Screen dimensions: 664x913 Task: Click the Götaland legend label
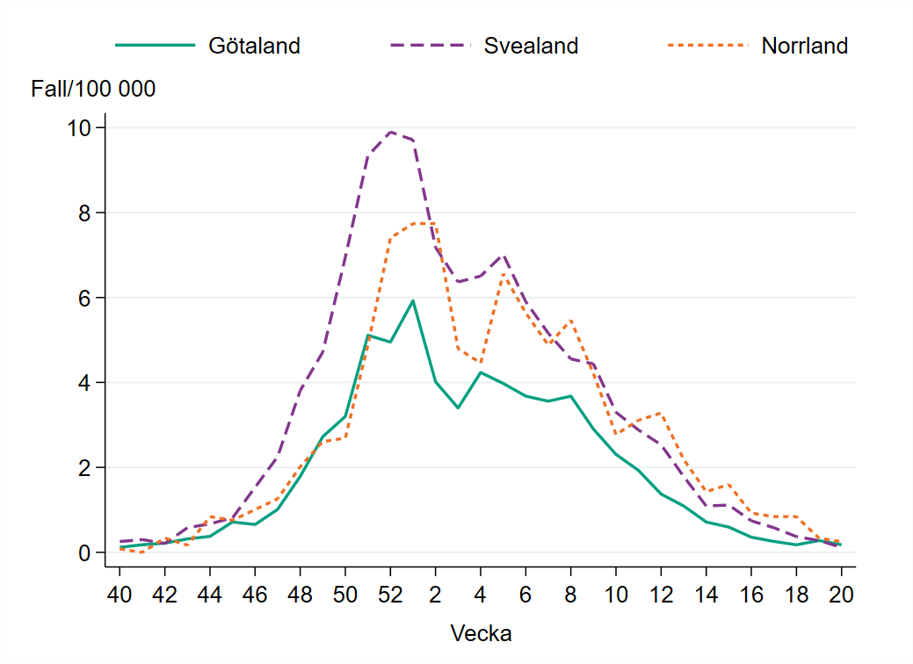tap(254, 46)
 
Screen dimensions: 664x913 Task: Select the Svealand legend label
tap(531, 46)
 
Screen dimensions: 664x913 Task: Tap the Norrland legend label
tap(804, 46)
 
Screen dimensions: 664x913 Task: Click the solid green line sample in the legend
tap(155, 46)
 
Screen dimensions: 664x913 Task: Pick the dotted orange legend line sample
tap(707, 46)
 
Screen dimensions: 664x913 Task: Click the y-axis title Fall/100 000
tap(93, 89)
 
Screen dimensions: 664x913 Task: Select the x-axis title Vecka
tap(481, 633)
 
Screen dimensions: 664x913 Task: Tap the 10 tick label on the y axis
tap(80, 128)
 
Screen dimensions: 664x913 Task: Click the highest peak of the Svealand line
tap(390, 132)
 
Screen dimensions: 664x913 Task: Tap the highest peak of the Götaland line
tap(413, 300)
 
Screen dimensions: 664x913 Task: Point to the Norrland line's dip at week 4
tap(480, 362)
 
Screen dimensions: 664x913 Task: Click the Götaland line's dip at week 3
tap(458, 408)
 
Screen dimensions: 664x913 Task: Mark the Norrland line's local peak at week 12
tap(661, 413)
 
